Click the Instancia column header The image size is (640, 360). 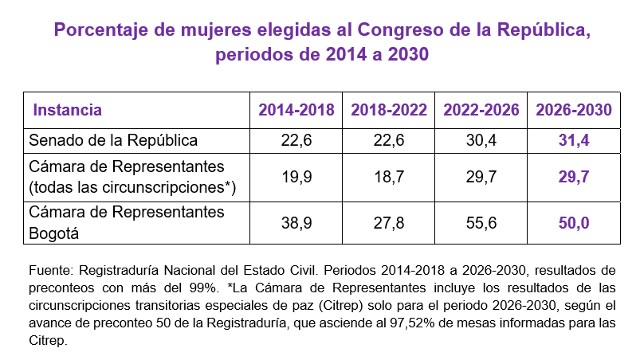(x=67, y=110)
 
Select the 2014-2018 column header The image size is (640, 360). (x=296, y=110)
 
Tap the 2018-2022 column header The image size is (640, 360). (x=388, y=110)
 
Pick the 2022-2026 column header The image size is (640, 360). (x=481, y=110)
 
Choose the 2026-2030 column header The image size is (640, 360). (x=573, y=110)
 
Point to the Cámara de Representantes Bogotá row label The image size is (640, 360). (x=126, y=223)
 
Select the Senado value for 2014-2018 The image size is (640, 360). (x=296, y=140)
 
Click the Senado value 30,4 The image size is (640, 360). (x=481, y=140)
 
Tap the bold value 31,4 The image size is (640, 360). (x=573, y=140)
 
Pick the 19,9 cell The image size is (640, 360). (x=296, y=178)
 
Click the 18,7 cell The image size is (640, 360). (x=388, y=178)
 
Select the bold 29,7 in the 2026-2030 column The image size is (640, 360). (x=573, y=178)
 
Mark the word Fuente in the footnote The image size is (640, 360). (x=48, y=269)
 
